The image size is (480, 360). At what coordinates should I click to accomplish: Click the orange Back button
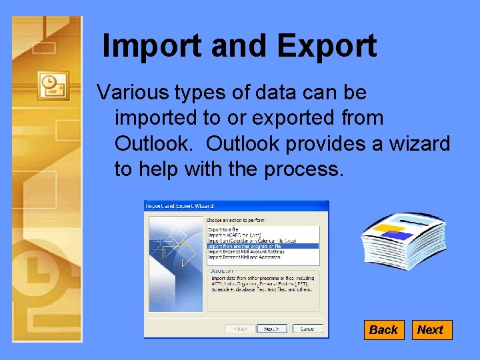coord(383,330)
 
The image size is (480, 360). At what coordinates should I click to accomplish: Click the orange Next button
coord(431,330)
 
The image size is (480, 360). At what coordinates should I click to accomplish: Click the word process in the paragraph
coord(303,169)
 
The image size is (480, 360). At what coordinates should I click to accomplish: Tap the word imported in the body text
coord(156,118)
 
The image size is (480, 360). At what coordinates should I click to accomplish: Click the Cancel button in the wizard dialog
coord(307,329)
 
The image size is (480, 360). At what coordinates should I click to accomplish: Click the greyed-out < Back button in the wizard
coord(240,329)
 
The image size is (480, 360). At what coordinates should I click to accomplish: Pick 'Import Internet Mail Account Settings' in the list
coord(246,251)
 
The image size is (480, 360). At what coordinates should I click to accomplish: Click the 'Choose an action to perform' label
coord(235,219)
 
